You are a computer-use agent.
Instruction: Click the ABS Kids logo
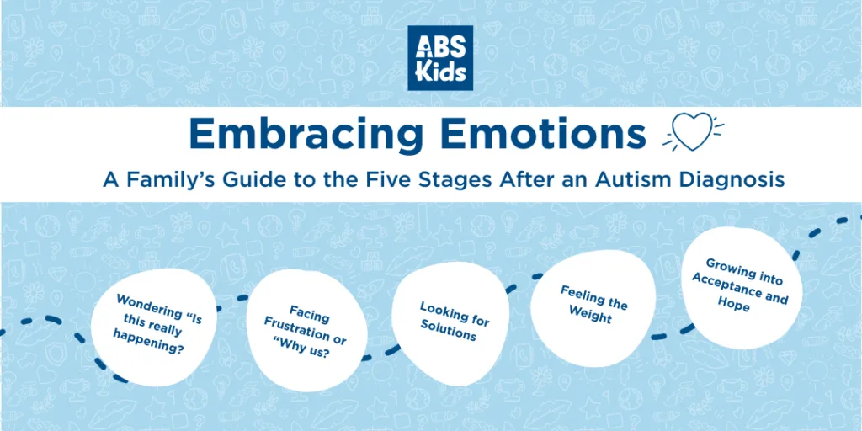[439, 58]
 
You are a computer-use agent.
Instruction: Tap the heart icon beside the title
[692, 133]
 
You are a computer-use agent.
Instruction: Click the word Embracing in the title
[306, 136]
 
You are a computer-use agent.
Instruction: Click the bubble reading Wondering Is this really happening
[153, 327]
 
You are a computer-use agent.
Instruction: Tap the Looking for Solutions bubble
[451, 323]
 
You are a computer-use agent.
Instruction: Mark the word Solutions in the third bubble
[449, 330]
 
